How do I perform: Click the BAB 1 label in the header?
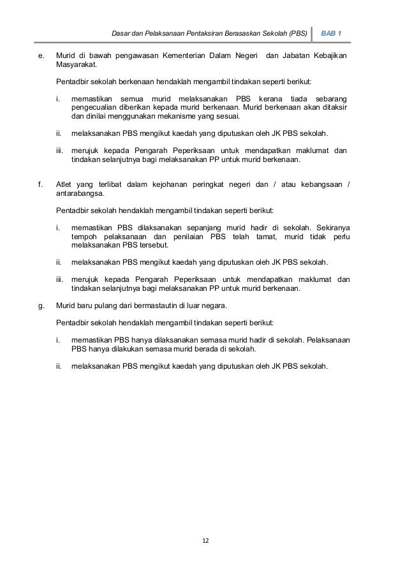pos(331,33)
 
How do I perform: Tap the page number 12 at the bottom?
pos(204,540)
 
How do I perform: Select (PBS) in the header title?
pos(296,33)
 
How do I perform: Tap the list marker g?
pos(41,305)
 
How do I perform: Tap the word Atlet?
pos(65,186)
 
